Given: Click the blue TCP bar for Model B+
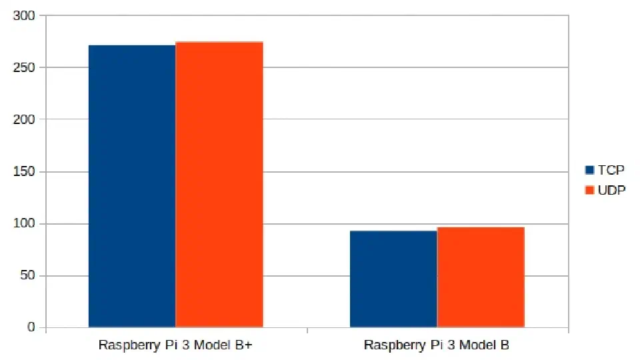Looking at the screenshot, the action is (132, 186).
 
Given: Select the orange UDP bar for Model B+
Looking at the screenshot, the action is (219, 185).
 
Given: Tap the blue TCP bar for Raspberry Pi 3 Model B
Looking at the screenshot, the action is (393, 279).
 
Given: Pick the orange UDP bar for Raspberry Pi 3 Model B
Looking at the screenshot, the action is (481, 277).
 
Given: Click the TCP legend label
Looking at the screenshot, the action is (611, 170).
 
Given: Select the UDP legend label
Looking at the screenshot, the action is (611, 190).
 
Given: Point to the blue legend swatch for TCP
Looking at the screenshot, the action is (589, 170).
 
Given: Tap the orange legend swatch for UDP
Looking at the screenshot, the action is (589, 190).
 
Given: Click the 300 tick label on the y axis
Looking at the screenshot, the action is (24, 15).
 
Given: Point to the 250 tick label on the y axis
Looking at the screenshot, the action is (24, 67).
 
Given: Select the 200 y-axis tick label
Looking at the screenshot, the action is (24, 119).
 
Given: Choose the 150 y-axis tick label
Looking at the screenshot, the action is (24, 171).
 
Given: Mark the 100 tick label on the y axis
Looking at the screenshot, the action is (24, 224).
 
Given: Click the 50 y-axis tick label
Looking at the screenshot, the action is (28, 275).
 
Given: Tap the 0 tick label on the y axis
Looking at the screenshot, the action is (31, 327).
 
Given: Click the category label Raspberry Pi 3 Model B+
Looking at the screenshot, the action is (175, 345).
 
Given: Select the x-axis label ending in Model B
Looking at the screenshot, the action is (436, 345).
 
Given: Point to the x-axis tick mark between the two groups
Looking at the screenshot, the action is (307, 330).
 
